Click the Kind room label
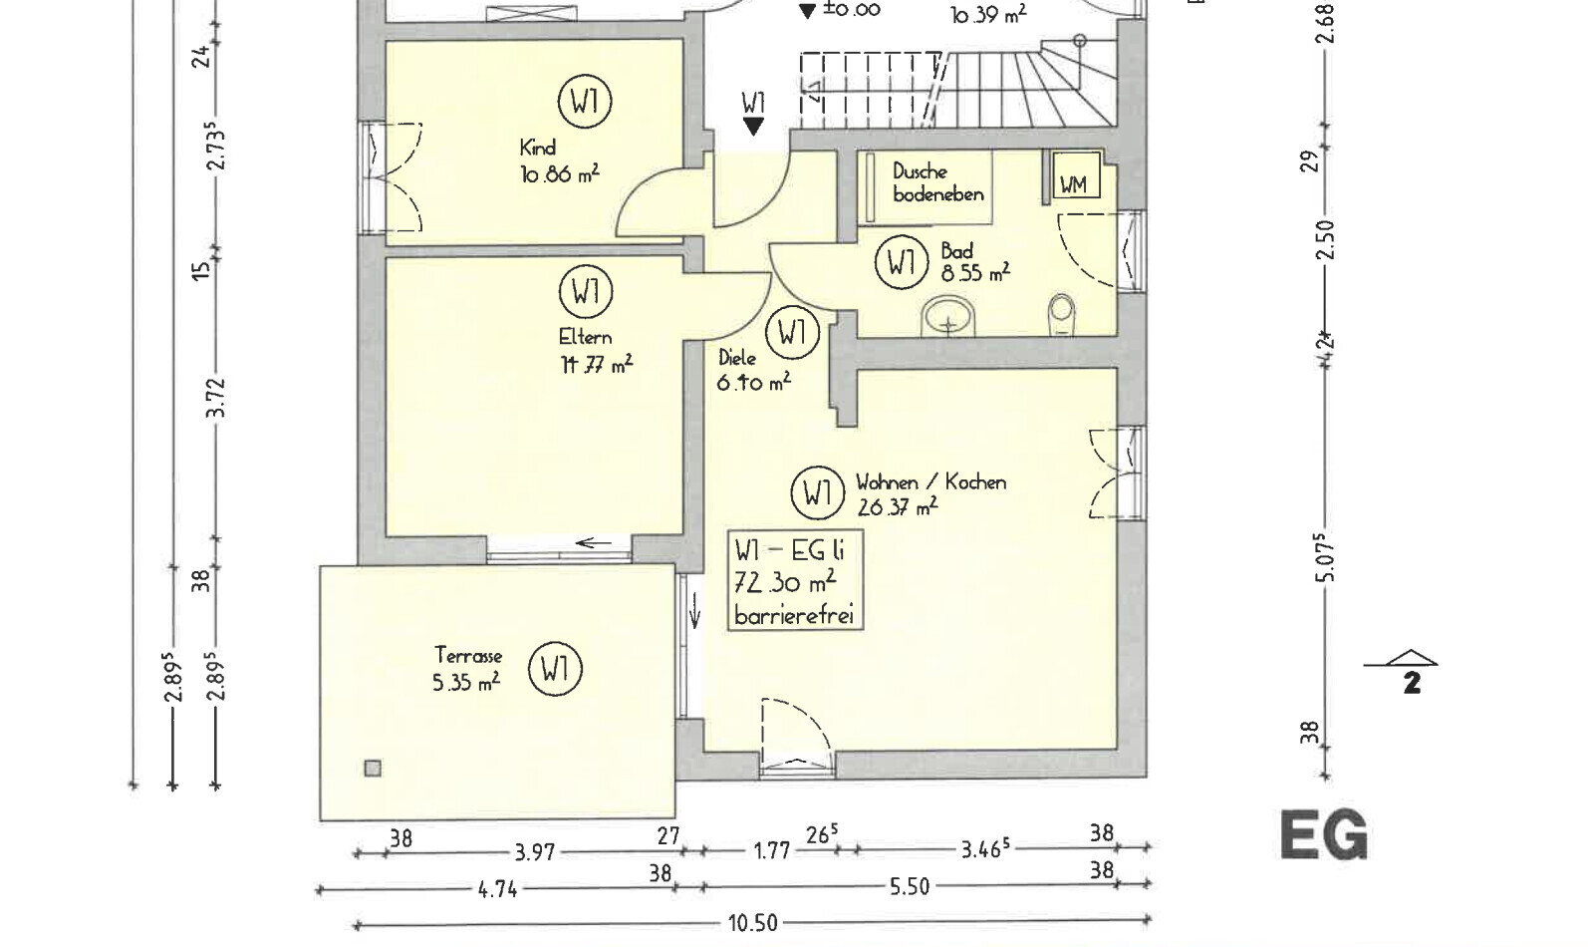[x=537, y=149]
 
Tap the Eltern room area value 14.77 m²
[x=596, y=365]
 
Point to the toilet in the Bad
[x=1061, y=315]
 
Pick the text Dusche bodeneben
[x=937, y=182]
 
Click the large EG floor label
[x=1324, y=835]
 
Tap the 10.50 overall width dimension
[x=752, y=924]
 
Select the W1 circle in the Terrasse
[x=555, y=669]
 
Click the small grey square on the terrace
[x=373, y=769]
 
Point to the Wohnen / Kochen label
[x=930, y=482]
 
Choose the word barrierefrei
[x=794, y=615]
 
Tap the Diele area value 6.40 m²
[x=753, y=383]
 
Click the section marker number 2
[x=1412, y=683]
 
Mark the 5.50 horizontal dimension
[x=909, y=887]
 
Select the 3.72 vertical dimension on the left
[x=218, y=398]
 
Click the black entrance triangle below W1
[x=753, y=127]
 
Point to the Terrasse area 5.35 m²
[x=466, y=683]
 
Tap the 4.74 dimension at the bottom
[x=498, y=889]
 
